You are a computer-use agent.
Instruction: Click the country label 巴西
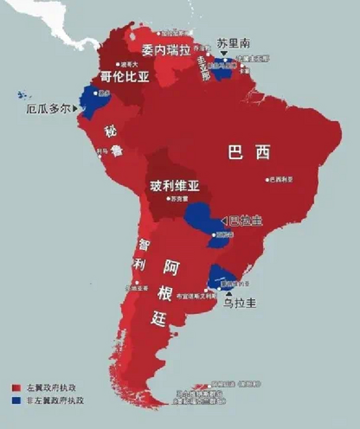[249, 152]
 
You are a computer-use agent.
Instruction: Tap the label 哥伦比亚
[125, 77]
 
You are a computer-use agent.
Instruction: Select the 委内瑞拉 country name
[166, 50]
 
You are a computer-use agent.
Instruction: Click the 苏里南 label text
[233, 43]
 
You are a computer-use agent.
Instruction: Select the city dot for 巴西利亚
[267, 180]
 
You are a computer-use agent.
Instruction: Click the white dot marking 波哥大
[118, 64]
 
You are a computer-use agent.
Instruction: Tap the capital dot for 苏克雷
[169, 198]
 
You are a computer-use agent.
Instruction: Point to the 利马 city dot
[100, 156]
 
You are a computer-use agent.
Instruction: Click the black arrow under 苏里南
[224, 53]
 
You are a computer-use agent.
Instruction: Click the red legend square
[16, 388]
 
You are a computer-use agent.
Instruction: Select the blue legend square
[16, 400]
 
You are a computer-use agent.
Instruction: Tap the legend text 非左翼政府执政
[55, 400]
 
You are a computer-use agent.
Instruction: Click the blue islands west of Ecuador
[23, 95]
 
